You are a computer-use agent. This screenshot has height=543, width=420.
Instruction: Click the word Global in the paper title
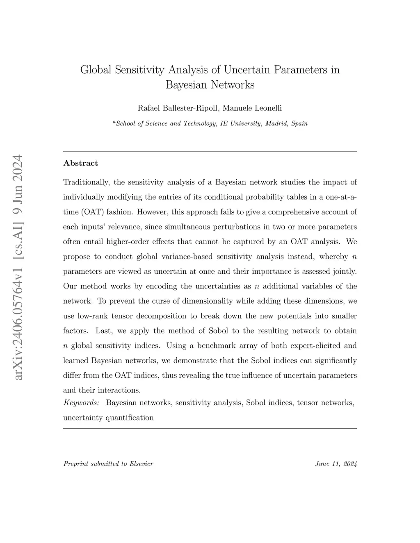point(96,70)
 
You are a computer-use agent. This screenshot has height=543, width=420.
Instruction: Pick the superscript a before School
point(114,122)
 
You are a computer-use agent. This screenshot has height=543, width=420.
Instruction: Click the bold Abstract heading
point(81,163)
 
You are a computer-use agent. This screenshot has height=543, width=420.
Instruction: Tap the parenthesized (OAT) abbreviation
point(89,212)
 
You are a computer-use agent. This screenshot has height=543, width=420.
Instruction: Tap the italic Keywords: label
point(81,403)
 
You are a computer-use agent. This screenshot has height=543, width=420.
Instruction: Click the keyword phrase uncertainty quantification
point(108,418)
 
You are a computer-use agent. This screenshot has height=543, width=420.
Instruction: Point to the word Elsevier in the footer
point(141,464)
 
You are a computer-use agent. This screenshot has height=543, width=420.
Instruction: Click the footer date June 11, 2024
point(336,464)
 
